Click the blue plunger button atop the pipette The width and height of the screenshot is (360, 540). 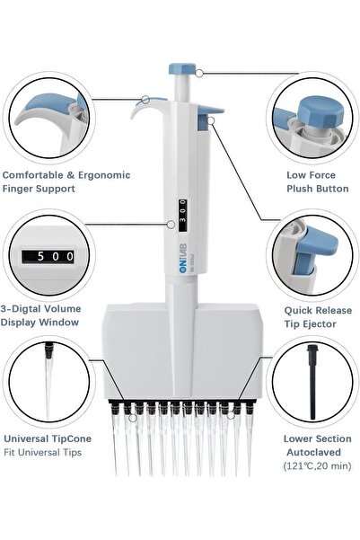182,69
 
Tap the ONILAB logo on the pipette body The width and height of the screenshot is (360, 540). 183,258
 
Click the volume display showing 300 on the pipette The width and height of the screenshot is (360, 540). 183,215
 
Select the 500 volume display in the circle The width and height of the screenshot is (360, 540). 48,257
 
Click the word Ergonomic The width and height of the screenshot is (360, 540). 104,175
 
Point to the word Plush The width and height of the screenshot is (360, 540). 300,189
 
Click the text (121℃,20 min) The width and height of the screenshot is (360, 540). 317,466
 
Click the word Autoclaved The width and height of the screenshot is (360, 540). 313,452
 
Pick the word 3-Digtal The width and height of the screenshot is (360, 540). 22,309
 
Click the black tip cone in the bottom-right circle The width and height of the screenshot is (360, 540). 312,381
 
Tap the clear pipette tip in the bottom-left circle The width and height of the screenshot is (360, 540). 48,381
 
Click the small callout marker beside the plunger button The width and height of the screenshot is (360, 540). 199,73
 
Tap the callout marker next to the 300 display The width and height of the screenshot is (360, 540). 171,225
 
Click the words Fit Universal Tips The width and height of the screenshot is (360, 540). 43,452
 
